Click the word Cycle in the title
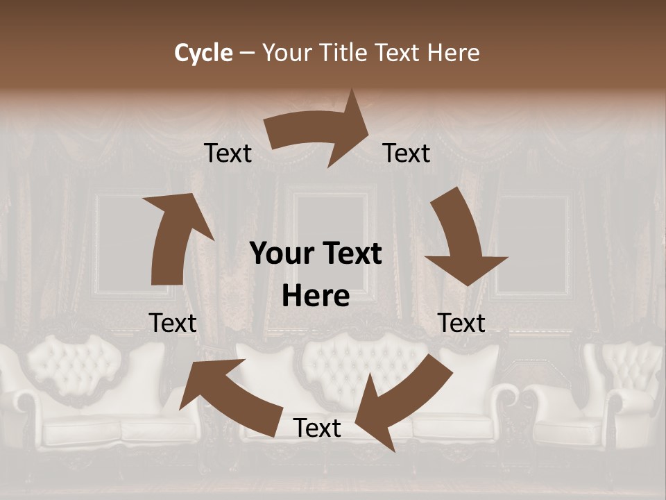coord(203,53)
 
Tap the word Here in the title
coord(452,53)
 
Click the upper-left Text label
coord(228,153)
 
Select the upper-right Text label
coord(407,153)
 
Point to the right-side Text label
coord(461,323)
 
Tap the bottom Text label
coord(317,428)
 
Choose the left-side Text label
coord(173,323)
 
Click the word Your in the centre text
coord(278,254)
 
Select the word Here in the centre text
coord(316,297)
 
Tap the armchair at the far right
coord(628,396)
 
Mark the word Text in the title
coord(400,53)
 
